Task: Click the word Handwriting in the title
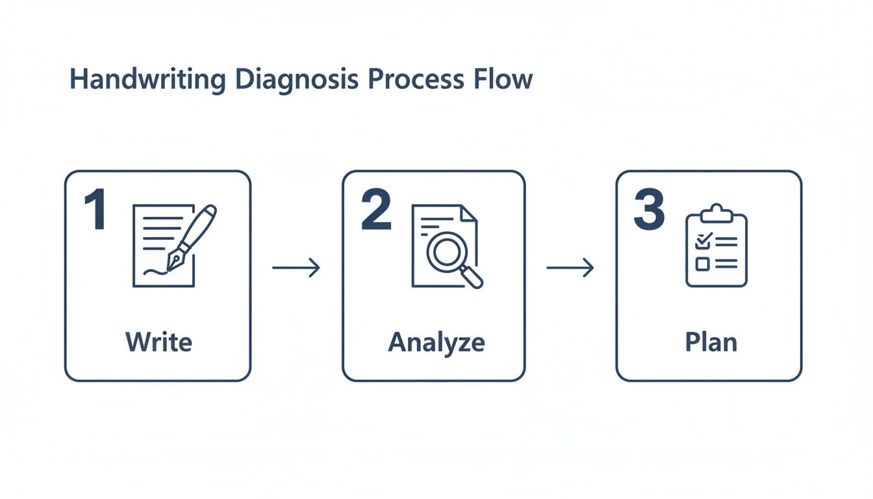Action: pos(147,80)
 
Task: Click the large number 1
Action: pos(95,211)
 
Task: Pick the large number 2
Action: pos(377,211)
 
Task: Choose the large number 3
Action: pos(649,211)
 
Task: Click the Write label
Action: pos(158,341)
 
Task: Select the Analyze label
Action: pos(436,342)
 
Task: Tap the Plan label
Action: pos(711,342)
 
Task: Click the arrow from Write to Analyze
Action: pos(296,267)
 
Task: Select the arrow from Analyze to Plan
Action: pos(570,267)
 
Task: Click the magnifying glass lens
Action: pos(446,252)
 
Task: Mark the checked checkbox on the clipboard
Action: pos(702,241)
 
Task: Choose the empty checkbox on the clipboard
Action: pos(702,263)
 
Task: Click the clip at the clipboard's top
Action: pos(716,212)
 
